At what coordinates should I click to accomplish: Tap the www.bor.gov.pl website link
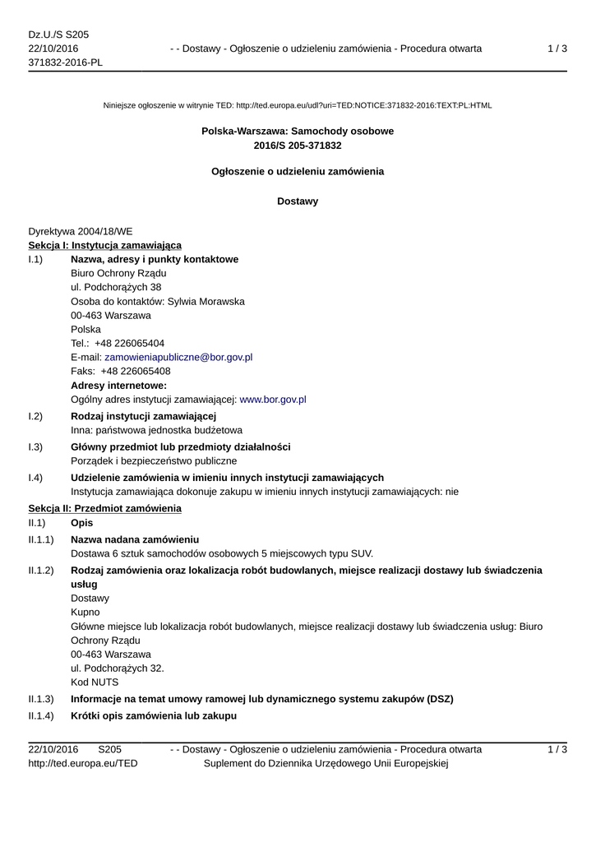[x=272, y=399]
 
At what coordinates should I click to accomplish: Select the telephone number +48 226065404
[x=129, y=343]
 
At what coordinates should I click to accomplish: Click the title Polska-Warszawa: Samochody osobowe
[x=298, y=131]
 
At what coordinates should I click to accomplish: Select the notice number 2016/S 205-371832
[x=298, y=146]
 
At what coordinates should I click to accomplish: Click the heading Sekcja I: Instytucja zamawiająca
[x=104, y=245]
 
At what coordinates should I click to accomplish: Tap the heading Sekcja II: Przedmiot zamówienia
[x=104, y=508]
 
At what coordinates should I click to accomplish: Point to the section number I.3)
[x=35, y=446]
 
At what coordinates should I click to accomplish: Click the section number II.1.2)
[x=41, y=570]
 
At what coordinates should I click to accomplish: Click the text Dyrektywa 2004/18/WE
[x=80, y=231]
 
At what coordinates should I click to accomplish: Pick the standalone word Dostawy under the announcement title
[x=298, y=201]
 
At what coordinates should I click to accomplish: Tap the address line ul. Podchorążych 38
[x=116, y=287]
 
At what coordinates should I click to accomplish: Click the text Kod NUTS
[x=95, y=682]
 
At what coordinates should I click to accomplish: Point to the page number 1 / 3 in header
[x=557, y=49]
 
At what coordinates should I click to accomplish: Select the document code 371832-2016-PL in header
[x=66, y=62]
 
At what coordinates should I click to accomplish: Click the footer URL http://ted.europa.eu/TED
[x=83, y=763]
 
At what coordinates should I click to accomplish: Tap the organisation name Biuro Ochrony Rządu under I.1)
[x=118, y=273]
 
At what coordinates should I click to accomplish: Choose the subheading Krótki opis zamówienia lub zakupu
[x=154, y=716]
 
